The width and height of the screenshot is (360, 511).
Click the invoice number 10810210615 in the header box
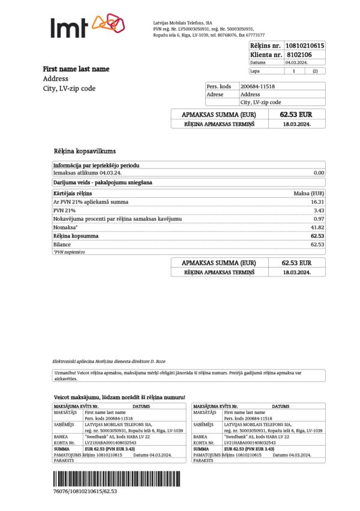tap(305, 46)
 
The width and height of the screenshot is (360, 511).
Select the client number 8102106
tap(298, 55)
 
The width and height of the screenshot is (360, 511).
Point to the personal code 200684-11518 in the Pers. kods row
tap(257, 86)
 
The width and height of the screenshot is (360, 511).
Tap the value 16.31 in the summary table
tap(318, 202)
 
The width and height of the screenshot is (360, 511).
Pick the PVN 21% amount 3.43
tap(319, 211)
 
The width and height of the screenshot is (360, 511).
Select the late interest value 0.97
tap(319, 219)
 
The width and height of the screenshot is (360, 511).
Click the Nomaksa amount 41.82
tap(317, 227)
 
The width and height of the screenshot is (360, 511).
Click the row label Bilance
tap(62, 245)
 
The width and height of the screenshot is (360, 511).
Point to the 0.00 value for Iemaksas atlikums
tap(319, 173)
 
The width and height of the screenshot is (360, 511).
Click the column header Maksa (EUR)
tap(309, 193)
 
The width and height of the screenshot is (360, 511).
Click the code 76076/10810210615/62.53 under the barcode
tap(85, 491)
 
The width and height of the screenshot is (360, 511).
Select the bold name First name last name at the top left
tap(76, 69)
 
